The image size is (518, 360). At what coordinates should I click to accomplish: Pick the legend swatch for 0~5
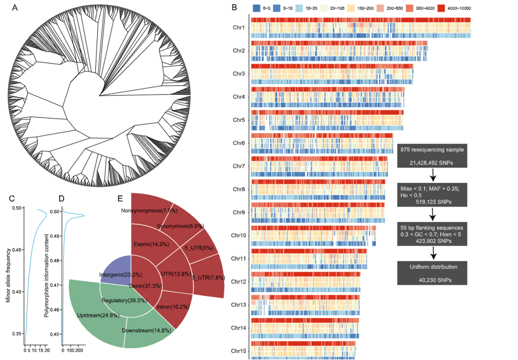click(x=257, y=8)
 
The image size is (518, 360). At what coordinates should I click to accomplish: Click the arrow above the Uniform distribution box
click(x=432, y=252)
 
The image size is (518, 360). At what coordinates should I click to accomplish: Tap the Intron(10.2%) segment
click(x=170, y=307)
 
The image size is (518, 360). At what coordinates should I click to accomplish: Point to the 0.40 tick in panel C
click(x=18, y=292)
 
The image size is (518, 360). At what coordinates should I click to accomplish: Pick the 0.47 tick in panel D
click(x=54, y=285)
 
